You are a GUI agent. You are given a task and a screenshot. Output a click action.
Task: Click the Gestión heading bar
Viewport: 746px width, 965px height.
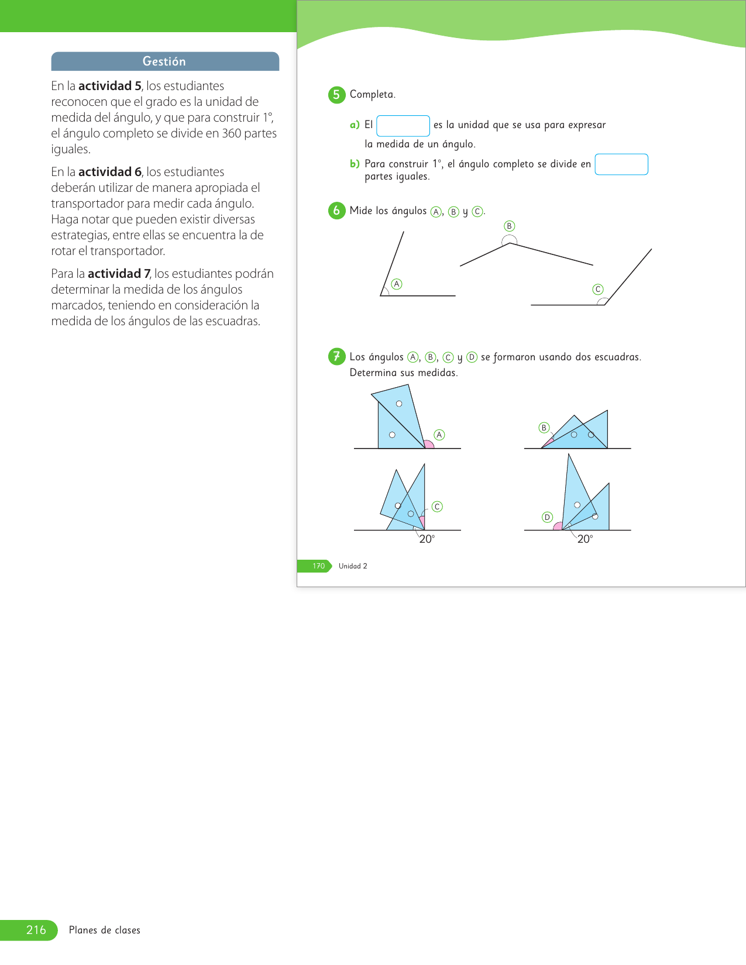(164, 61)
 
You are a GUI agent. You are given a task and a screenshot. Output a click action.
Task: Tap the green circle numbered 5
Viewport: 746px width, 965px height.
(336, 95)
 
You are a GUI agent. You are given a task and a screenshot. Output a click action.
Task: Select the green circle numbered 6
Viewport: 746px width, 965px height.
(336, 211)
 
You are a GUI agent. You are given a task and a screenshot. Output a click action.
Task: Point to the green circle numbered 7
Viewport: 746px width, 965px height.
(336, 356)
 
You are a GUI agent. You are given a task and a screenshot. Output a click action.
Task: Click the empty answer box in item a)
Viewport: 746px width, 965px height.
(403, 126)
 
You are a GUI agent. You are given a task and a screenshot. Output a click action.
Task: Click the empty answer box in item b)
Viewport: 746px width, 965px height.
(621, 164)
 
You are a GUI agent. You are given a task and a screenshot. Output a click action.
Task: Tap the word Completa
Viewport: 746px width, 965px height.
(372, 95)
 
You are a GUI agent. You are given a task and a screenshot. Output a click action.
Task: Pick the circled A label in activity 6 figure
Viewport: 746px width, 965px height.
(397, 284)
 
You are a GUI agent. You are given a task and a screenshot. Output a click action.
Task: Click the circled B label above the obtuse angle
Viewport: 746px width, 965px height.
(509, 226)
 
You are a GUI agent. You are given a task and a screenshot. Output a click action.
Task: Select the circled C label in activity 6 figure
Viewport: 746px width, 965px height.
(597, 289)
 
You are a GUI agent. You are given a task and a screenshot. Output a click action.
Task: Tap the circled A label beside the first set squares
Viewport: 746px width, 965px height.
(439, 435)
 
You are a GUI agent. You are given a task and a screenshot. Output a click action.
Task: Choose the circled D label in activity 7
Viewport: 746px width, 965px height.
(547, 517)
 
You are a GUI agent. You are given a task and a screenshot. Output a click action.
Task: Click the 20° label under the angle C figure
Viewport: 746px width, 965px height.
(427, 539)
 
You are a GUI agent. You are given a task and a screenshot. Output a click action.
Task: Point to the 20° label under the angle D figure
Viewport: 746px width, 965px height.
(585, 539)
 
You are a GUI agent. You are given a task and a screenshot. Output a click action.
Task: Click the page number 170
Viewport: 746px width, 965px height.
(318, 566)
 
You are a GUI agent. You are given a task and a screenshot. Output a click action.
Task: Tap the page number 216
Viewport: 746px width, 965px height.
(36, 930)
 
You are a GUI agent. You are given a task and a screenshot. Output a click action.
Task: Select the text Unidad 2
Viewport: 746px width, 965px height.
(353, 566)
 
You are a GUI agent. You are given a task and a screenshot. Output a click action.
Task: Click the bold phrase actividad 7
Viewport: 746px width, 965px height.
(119, 274)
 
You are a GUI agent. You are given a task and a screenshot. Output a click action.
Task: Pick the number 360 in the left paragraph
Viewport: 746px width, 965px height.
(232, 133)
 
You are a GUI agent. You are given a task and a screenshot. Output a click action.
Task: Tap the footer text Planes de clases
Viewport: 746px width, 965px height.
(105, 930)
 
